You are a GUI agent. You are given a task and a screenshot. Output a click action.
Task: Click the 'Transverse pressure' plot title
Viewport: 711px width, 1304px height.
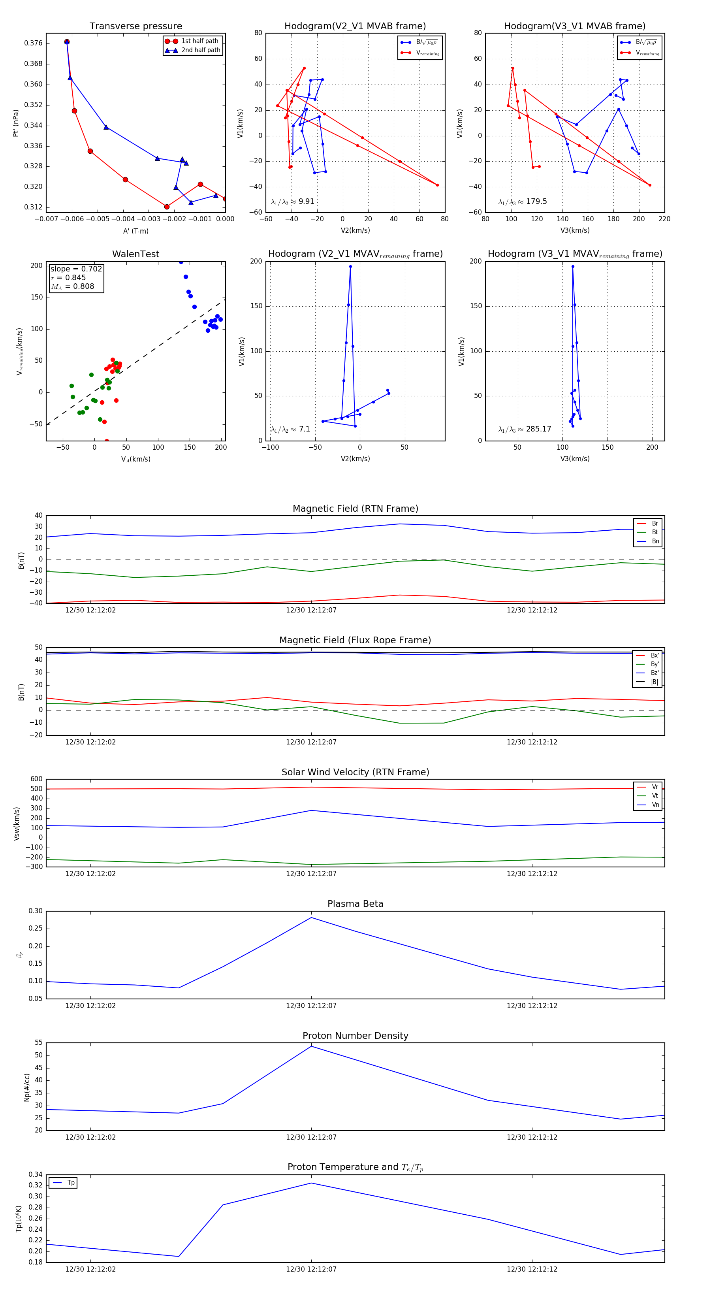pyautogui.click(x=135, y=26)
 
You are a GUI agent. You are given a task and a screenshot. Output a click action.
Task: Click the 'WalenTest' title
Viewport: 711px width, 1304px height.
pyautogui.click(x=135, y=254)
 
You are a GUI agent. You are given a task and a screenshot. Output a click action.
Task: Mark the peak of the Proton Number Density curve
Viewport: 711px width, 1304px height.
pyautogui.click(x=311, y=1046)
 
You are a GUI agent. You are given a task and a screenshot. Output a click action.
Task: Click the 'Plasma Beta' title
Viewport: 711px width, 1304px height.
pyautogui.click(x=355, y=904)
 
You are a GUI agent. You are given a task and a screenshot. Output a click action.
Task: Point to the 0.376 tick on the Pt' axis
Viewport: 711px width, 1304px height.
pyautogui.click(x=34, y=43)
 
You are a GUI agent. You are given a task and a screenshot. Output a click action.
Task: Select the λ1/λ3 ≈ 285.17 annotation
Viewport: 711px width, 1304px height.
pyautogui.click(x=525, y=429)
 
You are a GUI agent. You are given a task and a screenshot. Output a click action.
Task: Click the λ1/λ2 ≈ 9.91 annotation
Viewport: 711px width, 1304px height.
pyautogui.click(x=292, y=202)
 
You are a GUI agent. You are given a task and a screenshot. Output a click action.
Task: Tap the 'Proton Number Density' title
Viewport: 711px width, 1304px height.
pyautogui.click(x=355, y=1036)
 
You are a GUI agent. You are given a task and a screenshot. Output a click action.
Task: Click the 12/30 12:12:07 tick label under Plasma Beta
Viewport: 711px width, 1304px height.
pyautogui.click(x=311, y=1006)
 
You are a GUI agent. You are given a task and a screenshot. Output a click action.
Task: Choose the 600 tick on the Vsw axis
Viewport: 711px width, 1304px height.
pyautogui.click(x=36, y=779)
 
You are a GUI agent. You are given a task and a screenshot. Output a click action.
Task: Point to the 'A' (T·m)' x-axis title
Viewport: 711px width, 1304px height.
pyautogui.click(x=135, y=231)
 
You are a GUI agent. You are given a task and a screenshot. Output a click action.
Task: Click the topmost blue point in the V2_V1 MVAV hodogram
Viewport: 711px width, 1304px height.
pyautogui.click(x=350, y=267)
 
